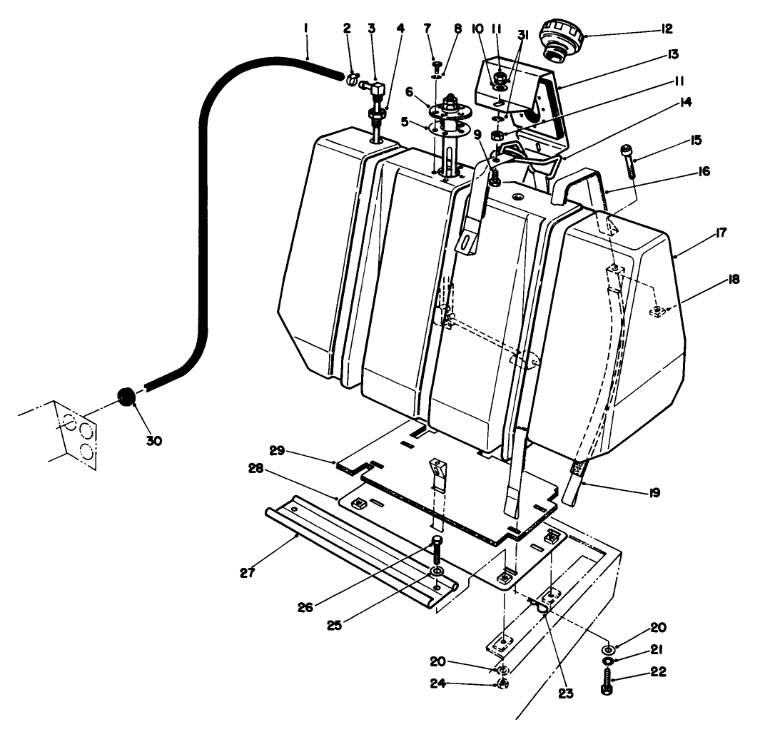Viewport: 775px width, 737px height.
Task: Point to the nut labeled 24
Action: [x=502, y=683]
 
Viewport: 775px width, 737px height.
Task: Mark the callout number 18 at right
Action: [x=733, y=280]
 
